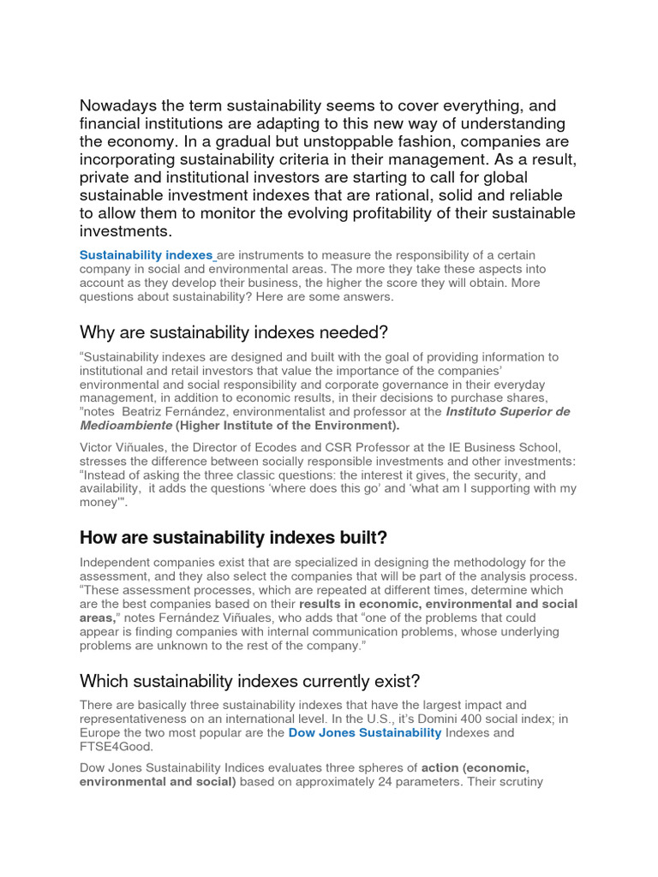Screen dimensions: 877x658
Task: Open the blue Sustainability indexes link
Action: tap(146, 255)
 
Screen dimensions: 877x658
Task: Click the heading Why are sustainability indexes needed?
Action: tap(234, 331)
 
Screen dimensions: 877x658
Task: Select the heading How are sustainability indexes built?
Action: tap(233, 538)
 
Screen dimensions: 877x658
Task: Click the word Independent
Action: tap(118, 562)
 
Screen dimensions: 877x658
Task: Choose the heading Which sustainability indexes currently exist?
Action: tap(249, 681)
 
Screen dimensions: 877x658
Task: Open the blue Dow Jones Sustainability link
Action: tap(365, 733)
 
